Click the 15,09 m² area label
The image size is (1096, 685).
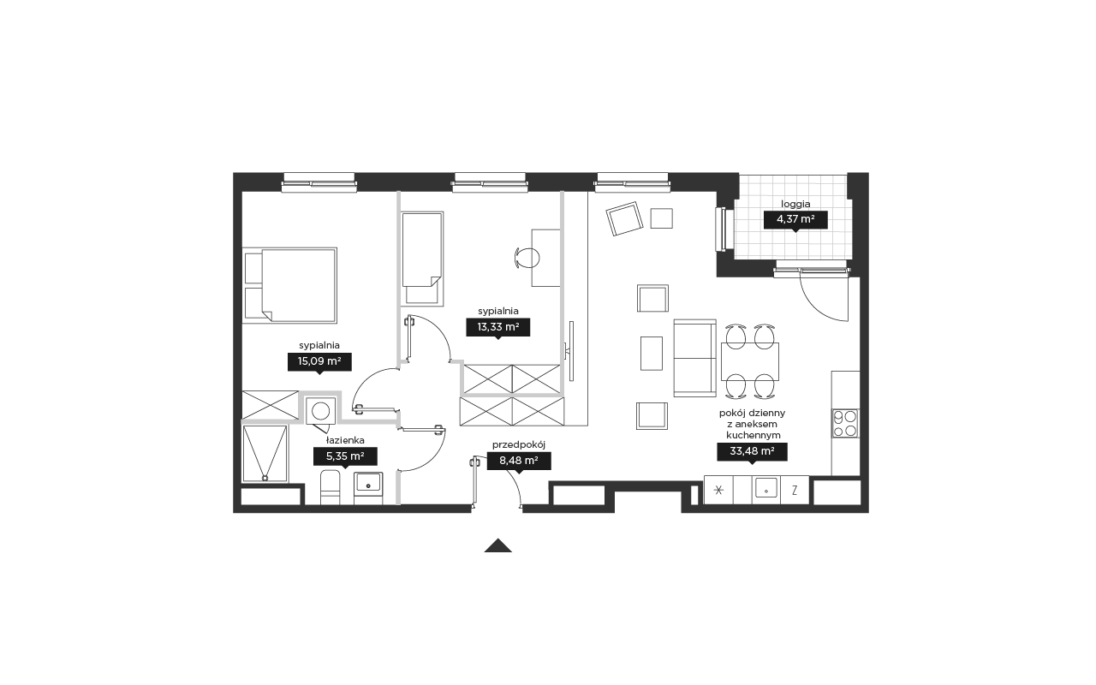click(x=319, y=362)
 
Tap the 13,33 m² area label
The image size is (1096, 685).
click(x=497, y=327)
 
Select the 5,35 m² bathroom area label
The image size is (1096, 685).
click(x=345, y=456)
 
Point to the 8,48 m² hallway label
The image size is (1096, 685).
click(x=519, y=461)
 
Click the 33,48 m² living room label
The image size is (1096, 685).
click(x=752, y=451)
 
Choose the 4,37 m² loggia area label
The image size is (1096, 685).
click(x=795, y=220)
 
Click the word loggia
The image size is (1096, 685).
click(x=795, y=204)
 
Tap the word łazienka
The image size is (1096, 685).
click(x=345, y=440)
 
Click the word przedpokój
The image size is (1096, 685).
click(x=519, y=444)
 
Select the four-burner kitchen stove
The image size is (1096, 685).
click(x=845, y=423)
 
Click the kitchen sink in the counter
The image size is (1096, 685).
click(x=766, y=488)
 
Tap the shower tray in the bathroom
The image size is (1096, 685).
click(x=265, y=453)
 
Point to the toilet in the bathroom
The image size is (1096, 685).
click(x=331, y=487)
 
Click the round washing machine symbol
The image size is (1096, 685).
click(x=321, y=411)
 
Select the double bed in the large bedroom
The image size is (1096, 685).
click(x=289, y=285)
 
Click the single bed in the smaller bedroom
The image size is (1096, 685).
click(x=422, y=259)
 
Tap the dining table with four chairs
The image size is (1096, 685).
click(x=750, y=361)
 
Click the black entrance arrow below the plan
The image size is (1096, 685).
click(x=498, y=545)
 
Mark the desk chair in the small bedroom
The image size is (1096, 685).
click(x=527, y=258)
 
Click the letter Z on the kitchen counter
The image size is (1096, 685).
click(x=795, y=490)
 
